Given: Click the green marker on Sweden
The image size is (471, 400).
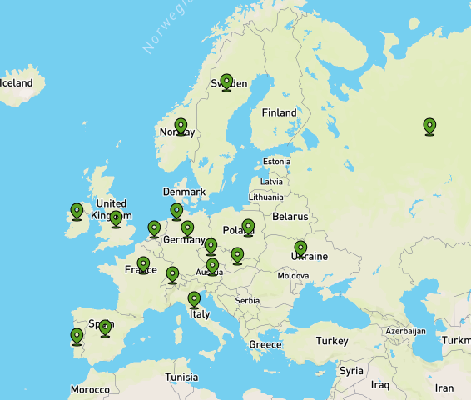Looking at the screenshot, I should click(226, 82).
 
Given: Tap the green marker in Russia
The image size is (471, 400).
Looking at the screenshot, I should click(429, 125).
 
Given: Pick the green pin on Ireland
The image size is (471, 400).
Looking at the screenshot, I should click(77, 211).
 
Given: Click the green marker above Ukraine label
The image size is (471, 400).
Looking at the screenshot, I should click(300, 247).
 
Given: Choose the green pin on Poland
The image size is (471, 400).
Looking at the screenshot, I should click(248, 226).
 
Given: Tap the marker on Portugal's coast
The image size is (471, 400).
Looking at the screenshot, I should click(77, 336).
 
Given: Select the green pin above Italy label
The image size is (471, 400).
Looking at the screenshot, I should click(194, 298).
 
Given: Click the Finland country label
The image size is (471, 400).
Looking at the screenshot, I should click(279, 112).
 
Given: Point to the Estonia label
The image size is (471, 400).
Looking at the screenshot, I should click(276, 161).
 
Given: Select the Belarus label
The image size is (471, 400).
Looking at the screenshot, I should click(290, 217).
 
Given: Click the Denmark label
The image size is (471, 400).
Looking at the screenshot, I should click(184, 192).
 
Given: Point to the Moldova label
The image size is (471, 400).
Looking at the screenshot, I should click(294, 275).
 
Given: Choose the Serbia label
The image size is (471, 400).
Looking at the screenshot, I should click(247, 301).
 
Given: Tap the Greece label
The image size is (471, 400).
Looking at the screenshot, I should click(265, 344).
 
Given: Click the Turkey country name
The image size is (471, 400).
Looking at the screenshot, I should click(332, 341).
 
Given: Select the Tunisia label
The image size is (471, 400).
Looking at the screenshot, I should click(181, 377).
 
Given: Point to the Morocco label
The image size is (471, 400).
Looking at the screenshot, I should click(90, 390).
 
